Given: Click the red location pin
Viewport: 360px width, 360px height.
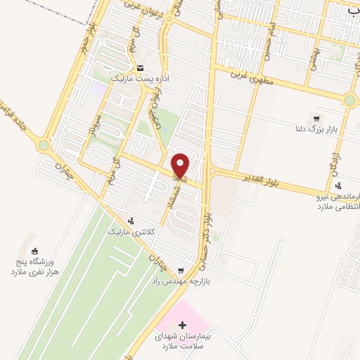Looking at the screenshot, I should coord(181,165).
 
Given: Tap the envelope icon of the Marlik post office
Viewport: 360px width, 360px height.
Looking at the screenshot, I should coord(141,68).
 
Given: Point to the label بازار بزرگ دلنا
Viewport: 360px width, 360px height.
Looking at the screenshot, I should coord(316,130).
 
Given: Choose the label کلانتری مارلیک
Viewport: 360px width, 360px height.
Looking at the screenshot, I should coord(128,231).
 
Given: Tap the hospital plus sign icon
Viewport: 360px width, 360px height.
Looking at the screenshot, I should coord(183,325).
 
